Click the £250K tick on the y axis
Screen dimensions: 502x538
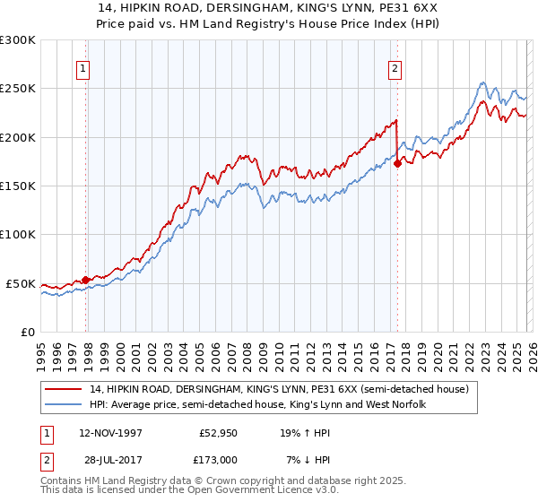[18, 89]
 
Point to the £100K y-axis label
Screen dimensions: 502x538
[18, 234]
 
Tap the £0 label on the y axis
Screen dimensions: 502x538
[27, 332]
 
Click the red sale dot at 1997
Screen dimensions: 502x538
[86, 280]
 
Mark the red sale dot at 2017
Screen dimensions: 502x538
[397, 164]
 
